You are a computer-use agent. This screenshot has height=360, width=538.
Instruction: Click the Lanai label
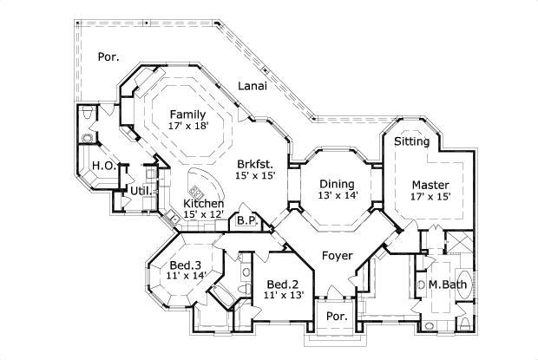point(253,87)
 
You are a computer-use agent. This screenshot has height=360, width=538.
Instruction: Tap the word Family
point(187,115)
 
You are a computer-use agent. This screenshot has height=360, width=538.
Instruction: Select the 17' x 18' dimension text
point(187,127)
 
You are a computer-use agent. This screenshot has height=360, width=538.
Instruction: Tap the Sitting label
point(411,141)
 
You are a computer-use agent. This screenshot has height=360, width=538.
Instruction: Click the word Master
point(430,184)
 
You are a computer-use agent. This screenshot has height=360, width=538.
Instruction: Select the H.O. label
point(102,165)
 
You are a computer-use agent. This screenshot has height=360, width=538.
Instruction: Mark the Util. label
point(141,190)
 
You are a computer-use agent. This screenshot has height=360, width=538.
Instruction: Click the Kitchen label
point(203,203)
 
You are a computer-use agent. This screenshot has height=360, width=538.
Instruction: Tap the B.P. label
point(246,221)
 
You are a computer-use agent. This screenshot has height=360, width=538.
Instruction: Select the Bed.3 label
point(186,265)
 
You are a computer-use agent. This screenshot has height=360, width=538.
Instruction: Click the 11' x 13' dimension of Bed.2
point(282,296)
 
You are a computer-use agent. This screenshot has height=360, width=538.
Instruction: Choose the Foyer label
point(337,256)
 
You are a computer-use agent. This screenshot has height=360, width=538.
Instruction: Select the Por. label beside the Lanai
point(108,57)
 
